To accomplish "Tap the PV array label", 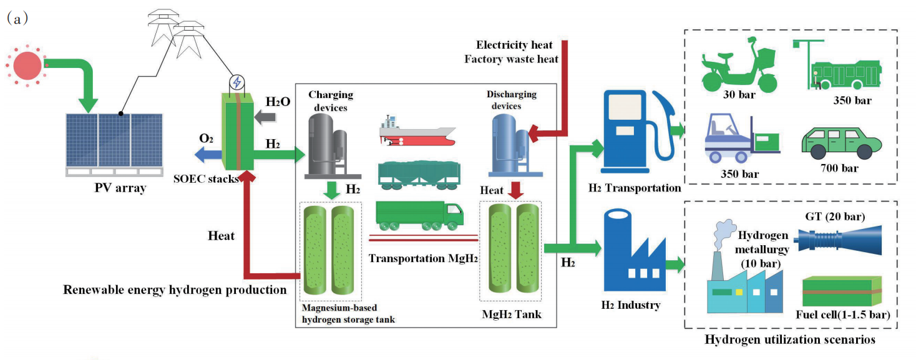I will (x=114, y=187).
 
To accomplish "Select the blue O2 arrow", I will (x=205, y=154).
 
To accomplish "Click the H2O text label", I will (x=277, y=102).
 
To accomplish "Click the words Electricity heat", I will (x=514, y=45).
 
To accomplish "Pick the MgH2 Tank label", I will (x=511, y=314).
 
